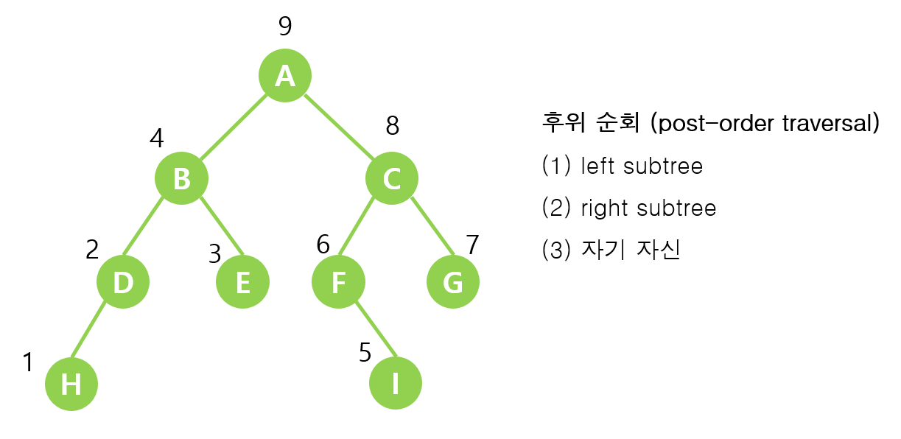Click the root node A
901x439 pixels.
[x=285, y=75]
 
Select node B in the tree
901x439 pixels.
[x=181, y=178]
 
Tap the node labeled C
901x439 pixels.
[x=392, y=178]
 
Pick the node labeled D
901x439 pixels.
[x=123, y=282]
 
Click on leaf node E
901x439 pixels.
[x=242, y=282]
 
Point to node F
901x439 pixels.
[x=338, y=282]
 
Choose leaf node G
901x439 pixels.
[x=453, y=282]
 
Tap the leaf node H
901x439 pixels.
[x=71, y=384]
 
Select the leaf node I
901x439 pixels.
[x=395, y=384]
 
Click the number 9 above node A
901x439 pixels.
[x=285, y=27]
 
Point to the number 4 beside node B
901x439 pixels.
[x=156, y=138]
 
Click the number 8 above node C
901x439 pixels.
[x=393, y=126]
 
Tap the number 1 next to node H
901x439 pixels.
[x=28, y=362]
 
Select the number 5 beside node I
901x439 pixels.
[x=365, y=353]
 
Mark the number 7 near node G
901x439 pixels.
[x=472, y=245]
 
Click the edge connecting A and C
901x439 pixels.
[x=339, y=127]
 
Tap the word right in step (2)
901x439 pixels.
[x=598, y=208]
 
